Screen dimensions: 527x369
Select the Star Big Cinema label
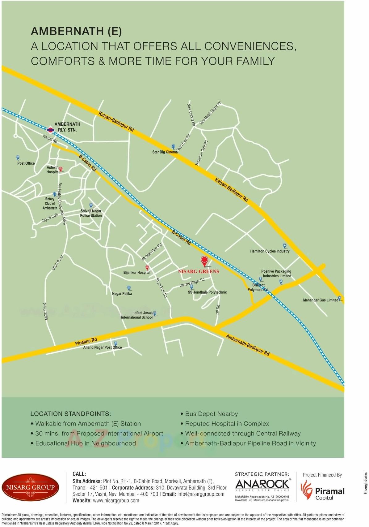[x=165, y=152]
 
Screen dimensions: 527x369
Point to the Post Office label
[x=26, y=163]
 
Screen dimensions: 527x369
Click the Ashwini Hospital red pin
[x=61, y=169]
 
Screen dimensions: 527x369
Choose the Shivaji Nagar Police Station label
[x=91, y=213]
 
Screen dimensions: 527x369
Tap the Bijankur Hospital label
[x=137, y=273]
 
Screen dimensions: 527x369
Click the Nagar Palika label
[x=122, y=293]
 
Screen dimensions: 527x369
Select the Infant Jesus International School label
[x=137, y=315]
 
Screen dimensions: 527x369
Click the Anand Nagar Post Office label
[x=103, y=348]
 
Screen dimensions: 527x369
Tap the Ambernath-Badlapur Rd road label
[x=248, y=345]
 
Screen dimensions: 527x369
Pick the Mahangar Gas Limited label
[x=320, y=300]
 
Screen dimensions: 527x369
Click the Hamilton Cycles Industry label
[x=270, y=251]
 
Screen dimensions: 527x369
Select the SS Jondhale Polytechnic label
[x=207, y=292]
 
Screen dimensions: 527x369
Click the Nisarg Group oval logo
[x=30, y=487]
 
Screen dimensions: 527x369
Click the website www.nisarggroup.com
[x=116, y=500]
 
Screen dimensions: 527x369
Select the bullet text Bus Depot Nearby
[x=211, y=414]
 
